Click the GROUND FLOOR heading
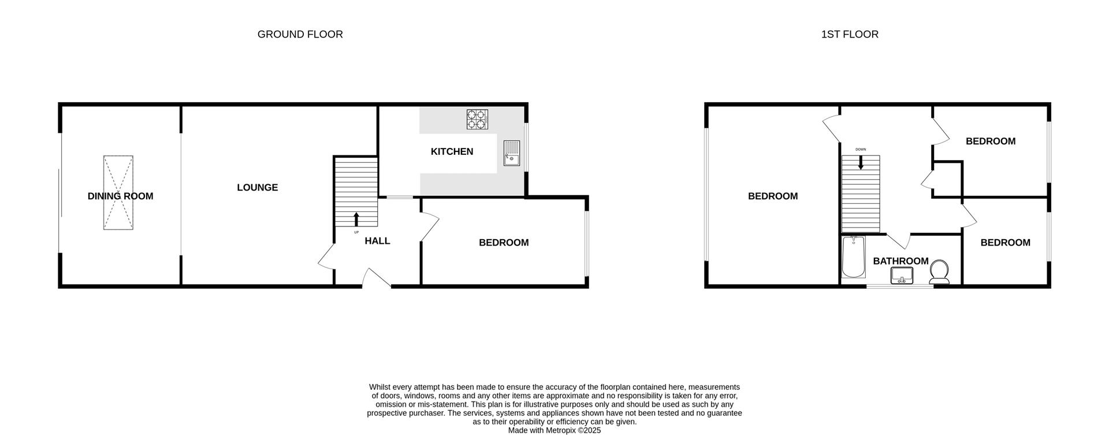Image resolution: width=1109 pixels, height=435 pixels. (x=300, y=35)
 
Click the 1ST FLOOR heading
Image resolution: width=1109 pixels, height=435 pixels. (x=850, y=35)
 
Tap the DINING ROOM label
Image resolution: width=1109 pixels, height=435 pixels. (x=120, y=196)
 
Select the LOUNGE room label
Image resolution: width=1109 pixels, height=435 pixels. (x=257, y=188)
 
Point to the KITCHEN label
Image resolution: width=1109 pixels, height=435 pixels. (x=452, y=152)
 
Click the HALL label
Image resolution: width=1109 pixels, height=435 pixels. (x=377, y=241)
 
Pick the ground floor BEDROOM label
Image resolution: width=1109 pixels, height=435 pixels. (x=504, y=243)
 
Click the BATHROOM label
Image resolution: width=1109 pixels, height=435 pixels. (x=900, y=261)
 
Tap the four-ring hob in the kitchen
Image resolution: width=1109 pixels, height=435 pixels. (x=477, y=119)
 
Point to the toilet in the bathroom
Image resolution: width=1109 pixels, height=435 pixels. (x=940, y=272)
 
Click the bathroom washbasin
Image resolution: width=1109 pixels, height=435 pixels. (x=901, y=276)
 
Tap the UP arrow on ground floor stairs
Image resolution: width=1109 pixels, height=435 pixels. (x=356, y=219)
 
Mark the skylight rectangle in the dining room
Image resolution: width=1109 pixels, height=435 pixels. (x=118, y=192)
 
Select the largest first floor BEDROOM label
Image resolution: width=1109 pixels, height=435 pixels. (x=773, y=196)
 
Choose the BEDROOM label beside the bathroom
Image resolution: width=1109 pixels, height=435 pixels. (x=1005, y=243)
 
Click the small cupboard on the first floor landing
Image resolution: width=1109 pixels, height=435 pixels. (x=947, y=179)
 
